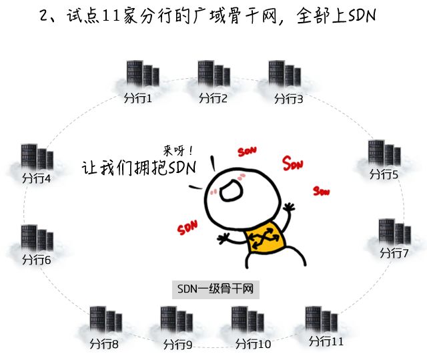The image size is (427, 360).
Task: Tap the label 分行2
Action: pyautogui.click(x=213, y=99)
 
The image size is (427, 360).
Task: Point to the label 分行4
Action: pyautogui.click(x=37, y=179)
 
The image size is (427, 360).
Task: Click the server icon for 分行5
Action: pyautogui.click(x=384, y=154)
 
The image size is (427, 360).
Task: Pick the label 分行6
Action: pyautogui.click(x=37, y=259)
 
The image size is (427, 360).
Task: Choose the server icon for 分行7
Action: pyautogui.click(x=394, y=232)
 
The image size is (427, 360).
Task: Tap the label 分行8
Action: pyautogui.click(x=104, y=345)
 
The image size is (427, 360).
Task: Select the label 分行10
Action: pyautogui.click(x=254, y=345)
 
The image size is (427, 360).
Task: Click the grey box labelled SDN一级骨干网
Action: pyautogui.click(x=214, y=289)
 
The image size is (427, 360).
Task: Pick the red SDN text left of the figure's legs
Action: pyautogui.click(x=188, y=228)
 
